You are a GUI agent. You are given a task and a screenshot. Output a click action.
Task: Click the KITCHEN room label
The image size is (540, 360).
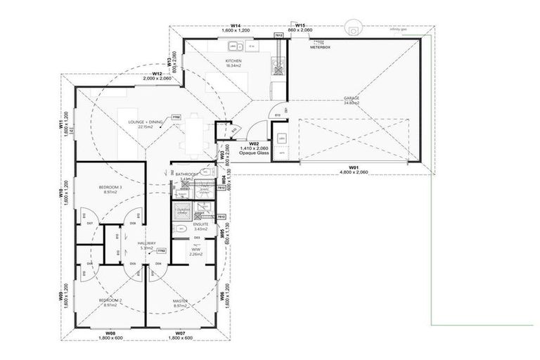233,62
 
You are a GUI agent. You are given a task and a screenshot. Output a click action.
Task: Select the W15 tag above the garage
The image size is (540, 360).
300,25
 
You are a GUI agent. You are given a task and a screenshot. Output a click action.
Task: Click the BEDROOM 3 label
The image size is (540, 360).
110,187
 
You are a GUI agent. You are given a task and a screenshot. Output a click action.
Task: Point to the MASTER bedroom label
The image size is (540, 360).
180,300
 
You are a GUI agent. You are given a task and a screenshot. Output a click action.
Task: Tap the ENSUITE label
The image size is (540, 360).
191,224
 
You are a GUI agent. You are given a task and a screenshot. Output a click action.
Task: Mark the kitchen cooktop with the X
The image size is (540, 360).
278,69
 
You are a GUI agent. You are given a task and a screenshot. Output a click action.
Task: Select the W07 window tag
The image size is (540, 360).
179,332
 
